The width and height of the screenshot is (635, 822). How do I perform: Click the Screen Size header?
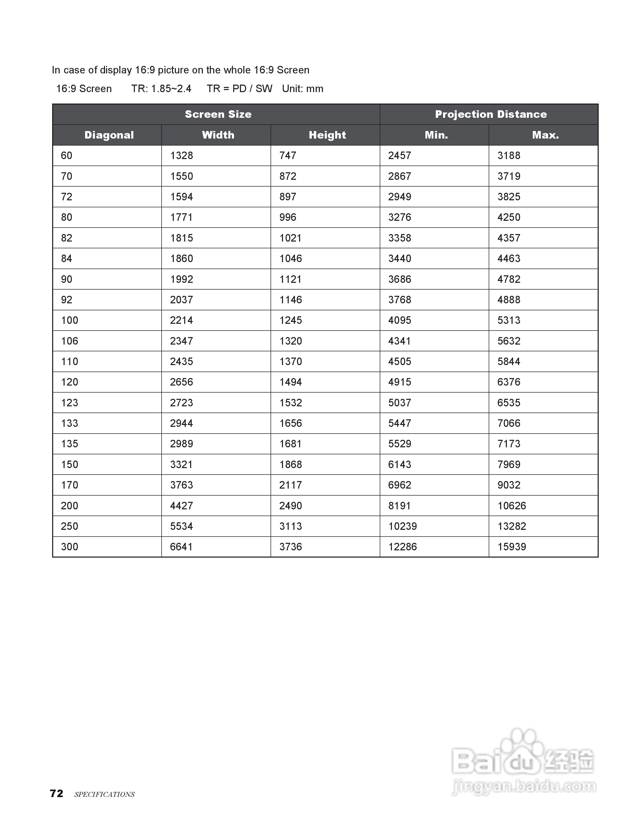tap(218, 114)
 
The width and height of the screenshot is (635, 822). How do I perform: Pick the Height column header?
tap(327, 135)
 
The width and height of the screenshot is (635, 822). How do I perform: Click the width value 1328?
tap(181, 155)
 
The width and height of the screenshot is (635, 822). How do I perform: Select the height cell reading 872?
tap(287, 176)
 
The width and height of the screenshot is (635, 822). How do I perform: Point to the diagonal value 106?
tap(70, 341)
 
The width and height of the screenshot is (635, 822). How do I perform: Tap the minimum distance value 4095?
tap(399, 320)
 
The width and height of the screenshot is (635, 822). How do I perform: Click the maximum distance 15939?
tap(512, 547)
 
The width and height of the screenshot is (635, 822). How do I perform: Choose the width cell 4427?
tap(181, 506)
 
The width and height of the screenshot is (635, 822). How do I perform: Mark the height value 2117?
tap(291, 485)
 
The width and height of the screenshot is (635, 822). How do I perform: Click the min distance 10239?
tap(403, 526)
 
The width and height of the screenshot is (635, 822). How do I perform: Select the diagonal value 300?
tap(70, 547)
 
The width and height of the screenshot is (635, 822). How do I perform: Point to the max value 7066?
tap(509, 423)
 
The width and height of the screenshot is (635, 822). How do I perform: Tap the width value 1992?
tap(181, 279)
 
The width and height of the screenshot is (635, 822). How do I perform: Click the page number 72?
tap(57, 793)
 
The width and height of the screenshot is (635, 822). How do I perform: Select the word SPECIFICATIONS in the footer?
tap(104, 794)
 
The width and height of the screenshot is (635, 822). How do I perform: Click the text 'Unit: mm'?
tap(302, 89)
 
